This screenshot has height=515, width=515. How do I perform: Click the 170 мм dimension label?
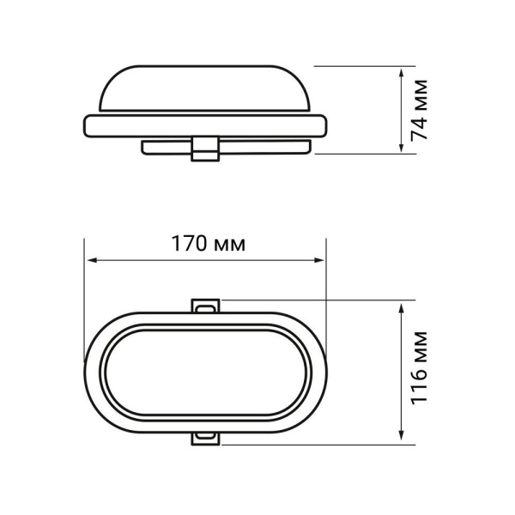click(x=206, y=243)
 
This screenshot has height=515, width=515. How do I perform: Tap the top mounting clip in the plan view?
click(x=206, y=305)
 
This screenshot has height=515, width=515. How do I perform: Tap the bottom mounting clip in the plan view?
click(x=206, y=438)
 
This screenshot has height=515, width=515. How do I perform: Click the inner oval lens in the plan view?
click(x=206, y=371)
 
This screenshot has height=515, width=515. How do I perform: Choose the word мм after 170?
click(x=227, y=244)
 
